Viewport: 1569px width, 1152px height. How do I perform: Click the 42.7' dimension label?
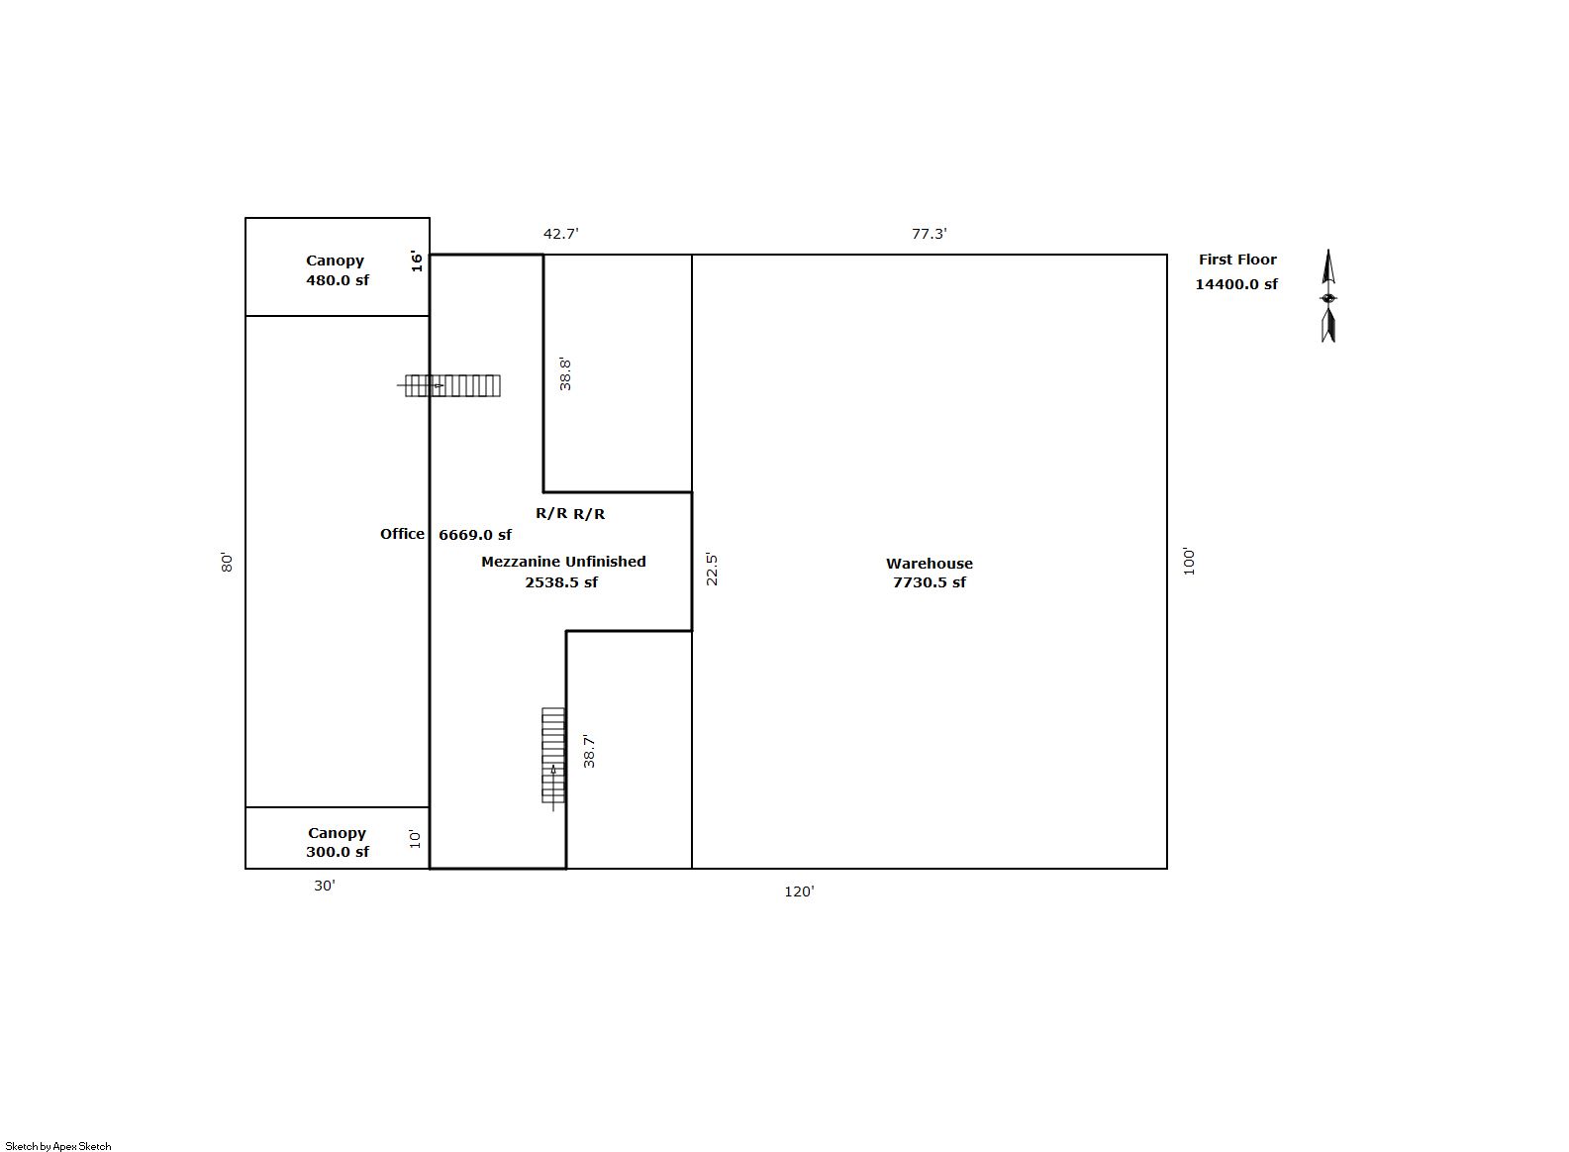pos(561,234)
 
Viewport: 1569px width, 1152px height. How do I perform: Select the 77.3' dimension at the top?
pos(929,234)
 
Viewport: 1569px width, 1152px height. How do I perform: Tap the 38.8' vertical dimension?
pos(565,374)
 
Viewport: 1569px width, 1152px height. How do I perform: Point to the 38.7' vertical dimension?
pos(589,751)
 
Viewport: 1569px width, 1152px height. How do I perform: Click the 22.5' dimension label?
pos(711,569)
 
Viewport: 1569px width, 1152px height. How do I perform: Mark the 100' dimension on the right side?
pos(1189,562)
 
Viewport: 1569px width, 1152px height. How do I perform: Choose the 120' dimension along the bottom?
pos(799,891)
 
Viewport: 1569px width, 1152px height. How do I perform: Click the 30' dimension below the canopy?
pos(325,886)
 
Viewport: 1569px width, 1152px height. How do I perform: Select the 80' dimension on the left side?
pos(227,562)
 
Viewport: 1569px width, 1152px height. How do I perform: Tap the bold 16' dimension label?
pos(417,261)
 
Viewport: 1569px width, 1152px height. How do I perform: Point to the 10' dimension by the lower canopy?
pos(415,839)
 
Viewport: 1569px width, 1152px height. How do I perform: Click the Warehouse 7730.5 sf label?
pos(929,573)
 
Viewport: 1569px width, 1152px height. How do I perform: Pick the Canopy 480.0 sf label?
pos(337,269)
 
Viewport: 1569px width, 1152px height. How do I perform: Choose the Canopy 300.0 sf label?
pos(337,842)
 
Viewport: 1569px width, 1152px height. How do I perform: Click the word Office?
pos(402,534)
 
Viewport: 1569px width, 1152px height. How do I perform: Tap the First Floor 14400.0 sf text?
pos(1236,271)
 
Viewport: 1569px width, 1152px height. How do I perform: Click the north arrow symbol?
pos(1328,296)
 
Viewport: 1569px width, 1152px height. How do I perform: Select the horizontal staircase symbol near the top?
pos(449,385)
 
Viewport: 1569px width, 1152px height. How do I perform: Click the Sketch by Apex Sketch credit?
pos(58,1146)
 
